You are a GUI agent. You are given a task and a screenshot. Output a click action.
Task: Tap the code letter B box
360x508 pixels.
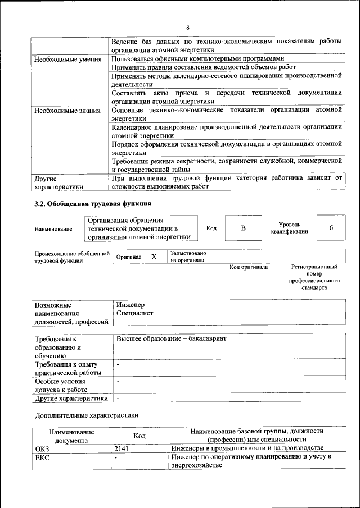pos(243,228)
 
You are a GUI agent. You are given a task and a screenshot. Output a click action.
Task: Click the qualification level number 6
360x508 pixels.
pos(331,227)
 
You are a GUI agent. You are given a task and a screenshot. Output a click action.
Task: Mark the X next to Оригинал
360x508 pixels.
pos(154,257)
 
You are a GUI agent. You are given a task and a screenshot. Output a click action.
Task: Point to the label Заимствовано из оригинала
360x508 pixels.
pos(188,257)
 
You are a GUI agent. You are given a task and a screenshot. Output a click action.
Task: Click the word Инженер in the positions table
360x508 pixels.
pos(130,305)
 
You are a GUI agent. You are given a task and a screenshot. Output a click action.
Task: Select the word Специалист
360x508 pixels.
pos(134,313)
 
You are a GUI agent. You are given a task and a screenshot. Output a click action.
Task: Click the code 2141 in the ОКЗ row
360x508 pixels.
pos(121,448)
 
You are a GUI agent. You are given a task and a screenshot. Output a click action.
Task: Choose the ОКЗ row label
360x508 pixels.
pos(42,448)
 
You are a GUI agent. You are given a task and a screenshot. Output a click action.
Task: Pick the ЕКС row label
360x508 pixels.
pos(42,457)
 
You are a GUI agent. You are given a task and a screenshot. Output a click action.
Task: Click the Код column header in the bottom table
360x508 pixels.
pos(139,435)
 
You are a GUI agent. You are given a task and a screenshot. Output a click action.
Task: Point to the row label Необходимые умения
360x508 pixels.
pos(67,59)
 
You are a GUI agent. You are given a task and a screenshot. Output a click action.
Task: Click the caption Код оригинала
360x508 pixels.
pos(249,267)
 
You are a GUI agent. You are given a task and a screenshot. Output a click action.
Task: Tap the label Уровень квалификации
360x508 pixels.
pos(289,228)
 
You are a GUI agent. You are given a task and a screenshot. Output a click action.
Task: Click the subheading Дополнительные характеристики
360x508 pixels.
pos(86,416)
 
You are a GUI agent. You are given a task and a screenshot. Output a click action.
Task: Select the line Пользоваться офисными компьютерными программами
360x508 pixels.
pos(197,59)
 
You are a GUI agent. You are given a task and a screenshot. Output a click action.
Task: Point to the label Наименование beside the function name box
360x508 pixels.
pos(53,228)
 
